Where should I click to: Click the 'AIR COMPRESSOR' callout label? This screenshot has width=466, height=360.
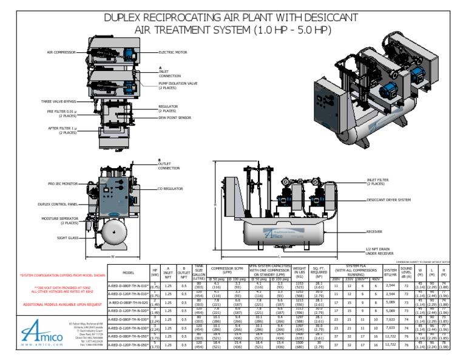click(x=61, y=53)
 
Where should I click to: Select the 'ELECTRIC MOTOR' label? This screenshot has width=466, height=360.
click(x=173, y=53)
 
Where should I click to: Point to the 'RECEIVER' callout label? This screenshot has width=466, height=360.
click(x=374, y=231)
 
